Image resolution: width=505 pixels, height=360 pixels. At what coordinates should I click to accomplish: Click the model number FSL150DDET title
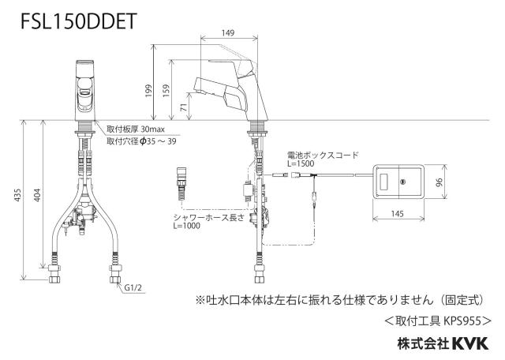pos(79,21)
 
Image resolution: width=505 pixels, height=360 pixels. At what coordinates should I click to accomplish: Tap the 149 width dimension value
pos(228,33)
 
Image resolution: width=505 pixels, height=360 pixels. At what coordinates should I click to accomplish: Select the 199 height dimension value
pos(148,91)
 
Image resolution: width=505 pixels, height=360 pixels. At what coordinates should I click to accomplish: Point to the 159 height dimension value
pos(166,91)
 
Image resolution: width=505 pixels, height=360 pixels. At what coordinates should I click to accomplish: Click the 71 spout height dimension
pos(184,107)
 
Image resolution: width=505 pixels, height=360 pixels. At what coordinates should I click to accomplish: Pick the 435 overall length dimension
pos(18,195)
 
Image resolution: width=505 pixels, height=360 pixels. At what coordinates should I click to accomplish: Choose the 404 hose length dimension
pos(38,195)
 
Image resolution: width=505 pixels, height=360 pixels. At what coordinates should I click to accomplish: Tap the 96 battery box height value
pos(440,182)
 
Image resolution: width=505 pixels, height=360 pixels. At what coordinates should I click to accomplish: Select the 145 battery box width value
pos(398,214)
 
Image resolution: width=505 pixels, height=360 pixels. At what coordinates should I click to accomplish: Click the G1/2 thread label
pos(133,287)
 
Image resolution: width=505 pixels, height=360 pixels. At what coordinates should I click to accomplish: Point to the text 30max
pos(152,129)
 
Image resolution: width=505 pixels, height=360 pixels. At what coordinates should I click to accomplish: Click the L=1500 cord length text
pos(301,163)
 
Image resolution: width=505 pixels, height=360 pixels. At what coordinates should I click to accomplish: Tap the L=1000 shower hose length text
pos(186,226)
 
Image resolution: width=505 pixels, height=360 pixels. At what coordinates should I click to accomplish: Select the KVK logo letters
pos(470,343)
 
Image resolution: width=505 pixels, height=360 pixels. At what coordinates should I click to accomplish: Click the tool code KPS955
pos(462,321)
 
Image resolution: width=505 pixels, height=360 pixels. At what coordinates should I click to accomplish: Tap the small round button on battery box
pos(403,182)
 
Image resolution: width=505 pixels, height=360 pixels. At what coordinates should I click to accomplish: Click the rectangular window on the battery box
pos(384,182)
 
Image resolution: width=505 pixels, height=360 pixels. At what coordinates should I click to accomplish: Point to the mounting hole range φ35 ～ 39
pos(158,141)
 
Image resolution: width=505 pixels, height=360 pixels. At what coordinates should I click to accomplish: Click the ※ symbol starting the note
pos(200,300)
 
